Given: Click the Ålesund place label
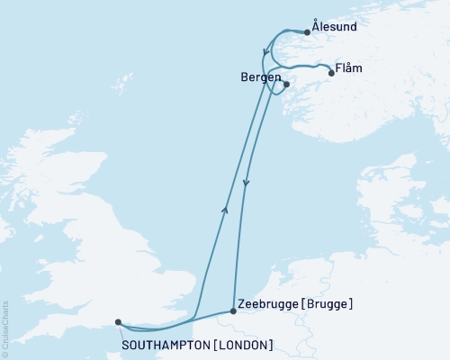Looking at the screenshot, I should pyautogui.click(x=336, y=27).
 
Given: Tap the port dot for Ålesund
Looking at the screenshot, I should pyautogui.click(x=308, y=32).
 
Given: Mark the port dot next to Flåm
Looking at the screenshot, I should pyautogui.click(x=332, y=74).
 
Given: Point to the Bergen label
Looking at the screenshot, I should pyautogui.click(x=260, y=77).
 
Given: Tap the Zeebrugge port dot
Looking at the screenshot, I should pyautogui.click(x=234, y=311).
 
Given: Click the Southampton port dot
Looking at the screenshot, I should pyautogui.click(x=118, y=321).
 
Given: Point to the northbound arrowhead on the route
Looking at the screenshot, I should pyautogui.click(x=224, y=209).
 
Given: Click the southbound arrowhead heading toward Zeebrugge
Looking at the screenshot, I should pyautogui.click(x=246, y=184).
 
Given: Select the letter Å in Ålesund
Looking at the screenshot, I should pyautogui.click(x=316, y=26).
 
